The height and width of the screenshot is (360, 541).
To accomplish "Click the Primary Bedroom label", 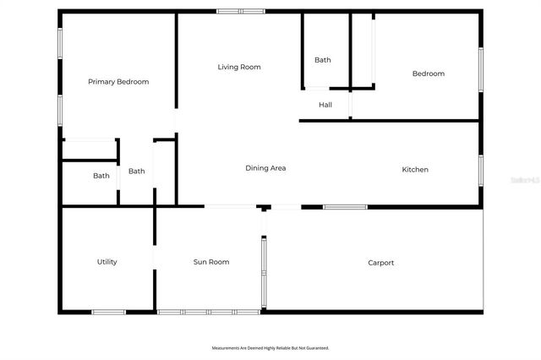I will click(118, 82).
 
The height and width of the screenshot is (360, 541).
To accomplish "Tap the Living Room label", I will click(239, 67).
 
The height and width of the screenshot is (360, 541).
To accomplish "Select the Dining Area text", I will click(265, 168).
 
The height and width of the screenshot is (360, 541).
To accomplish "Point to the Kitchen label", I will click(414, 170).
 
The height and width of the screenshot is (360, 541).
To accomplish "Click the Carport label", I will click(380, 263).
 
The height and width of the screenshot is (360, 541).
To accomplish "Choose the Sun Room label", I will click(211, 262).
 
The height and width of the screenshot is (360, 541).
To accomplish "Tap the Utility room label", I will click(107, 262).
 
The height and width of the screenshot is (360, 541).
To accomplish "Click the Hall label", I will click(325, 105).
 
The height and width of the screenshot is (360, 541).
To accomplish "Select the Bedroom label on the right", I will click(428, 74).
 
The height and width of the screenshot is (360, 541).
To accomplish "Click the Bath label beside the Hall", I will click(323, 60).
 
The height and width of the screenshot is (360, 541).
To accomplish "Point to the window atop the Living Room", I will click(241, 11).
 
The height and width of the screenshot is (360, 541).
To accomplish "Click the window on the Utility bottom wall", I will click(109, 312).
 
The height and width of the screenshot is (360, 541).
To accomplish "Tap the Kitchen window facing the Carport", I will click(345, 206).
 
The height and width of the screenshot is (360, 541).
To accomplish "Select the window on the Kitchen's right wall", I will click(480, 169).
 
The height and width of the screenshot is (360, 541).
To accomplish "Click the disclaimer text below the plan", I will click(270, 347).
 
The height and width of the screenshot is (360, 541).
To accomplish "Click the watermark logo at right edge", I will click(529, 180).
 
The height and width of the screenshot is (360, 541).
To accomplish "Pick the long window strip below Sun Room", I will click(209, 312).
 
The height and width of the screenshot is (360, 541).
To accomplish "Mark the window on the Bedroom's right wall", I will click(480, 69).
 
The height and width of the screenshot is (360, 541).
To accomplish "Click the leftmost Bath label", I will click(101, 176).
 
